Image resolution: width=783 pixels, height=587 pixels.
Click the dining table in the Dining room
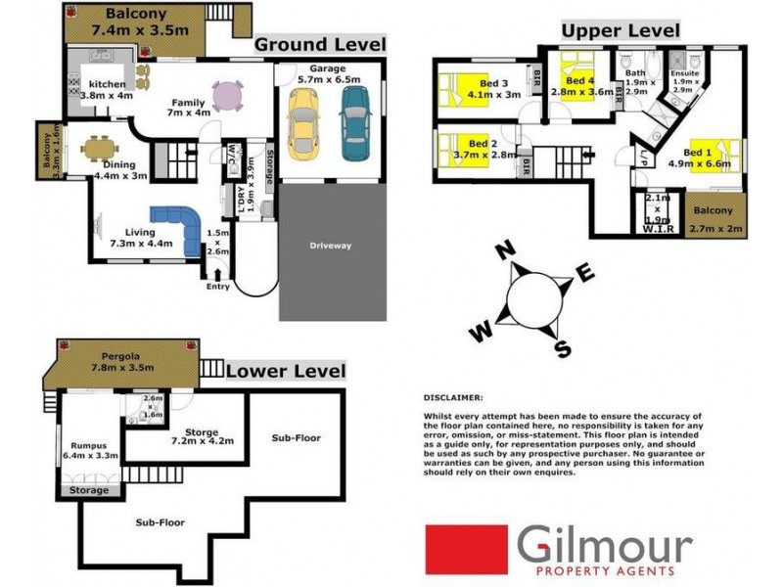coord(96,150)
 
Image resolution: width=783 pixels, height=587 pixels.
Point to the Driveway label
coord(330,246)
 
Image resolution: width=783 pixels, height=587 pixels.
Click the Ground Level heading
coord(320,45)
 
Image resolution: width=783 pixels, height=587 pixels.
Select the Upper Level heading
coord(621,31)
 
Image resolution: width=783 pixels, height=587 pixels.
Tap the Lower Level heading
coord(286,371)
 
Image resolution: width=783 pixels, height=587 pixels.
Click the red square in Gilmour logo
coord(466,550)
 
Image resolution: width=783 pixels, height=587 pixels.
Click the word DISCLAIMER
coord(452,398)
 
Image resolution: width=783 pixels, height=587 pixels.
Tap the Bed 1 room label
coord(697,154)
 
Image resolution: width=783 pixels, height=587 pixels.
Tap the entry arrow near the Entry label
coord(216,275)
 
